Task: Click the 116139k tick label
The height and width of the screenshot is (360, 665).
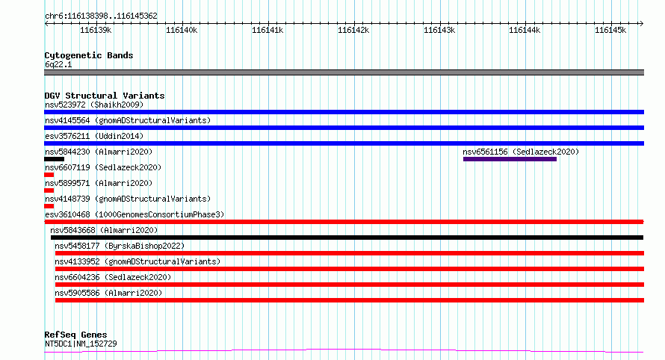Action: [96, 30]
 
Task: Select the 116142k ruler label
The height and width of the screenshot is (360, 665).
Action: [353, 30]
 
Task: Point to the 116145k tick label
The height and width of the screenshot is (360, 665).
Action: [610, 30]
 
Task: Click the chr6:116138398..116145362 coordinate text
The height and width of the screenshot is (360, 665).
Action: [101, 16]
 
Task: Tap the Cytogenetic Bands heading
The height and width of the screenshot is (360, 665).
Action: [89, 55]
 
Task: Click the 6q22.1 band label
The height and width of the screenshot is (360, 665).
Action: [58, 64]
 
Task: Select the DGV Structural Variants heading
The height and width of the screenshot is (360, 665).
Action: [105, 96]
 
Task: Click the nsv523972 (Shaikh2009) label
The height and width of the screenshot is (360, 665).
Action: [94, 105]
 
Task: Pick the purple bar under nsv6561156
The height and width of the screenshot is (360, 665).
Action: [510, 159]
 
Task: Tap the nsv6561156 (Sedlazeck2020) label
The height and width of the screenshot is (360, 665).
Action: [521, 152]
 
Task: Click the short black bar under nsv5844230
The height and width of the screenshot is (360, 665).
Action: [55, 159]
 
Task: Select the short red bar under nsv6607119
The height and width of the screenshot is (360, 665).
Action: [49, 175]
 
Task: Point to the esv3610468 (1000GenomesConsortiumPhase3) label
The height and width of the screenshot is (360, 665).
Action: [134, 214]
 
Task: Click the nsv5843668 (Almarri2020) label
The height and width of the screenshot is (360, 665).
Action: [104, 230]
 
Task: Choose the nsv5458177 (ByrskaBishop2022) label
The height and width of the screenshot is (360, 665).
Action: [120, 246]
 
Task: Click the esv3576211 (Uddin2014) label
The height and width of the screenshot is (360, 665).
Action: [94, 136]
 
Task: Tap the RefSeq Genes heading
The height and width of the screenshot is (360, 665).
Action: [75, 335]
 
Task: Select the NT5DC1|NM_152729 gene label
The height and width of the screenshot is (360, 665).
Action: [81, 344]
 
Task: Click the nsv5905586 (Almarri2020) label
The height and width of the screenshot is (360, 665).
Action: [108, 293]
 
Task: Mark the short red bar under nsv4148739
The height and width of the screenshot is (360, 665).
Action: [49, 206]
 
